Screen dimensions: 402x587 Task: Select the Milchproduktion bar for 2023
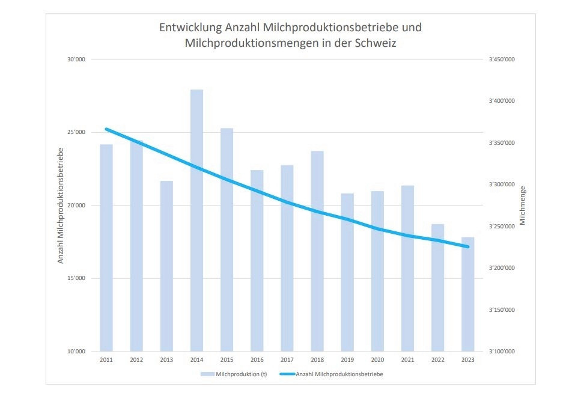point(467,294)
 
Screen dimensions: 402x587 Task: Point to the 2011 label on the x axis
point(106,360)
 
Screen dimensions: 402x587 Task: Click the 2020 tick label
point(377,360)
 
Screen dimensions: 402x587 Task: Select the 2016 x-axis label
point(257,360)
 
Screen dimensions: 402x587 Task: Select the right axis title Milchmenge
point(522,206)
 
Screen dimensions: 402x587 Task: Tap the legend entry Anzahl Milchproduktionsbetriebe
point(339,374)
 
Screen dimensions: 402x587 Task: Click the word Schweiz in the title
point(377,43)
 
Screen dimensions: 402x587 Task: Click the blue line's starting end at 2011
point(106,129)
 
